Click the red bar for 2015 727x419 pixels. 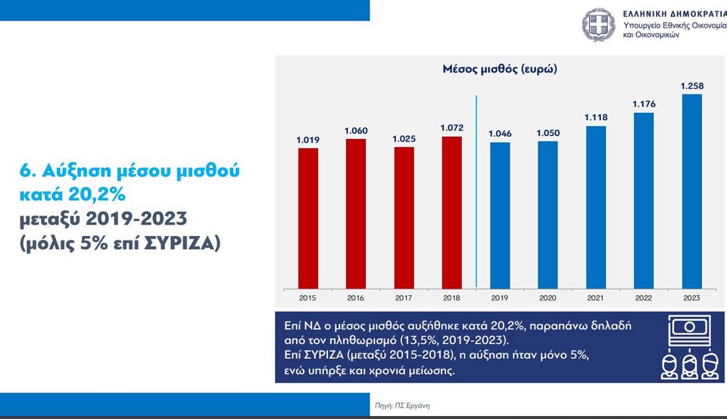point(307,218)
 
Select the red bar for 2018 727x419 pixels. point(451,212)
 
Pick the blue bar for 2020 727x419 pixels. point(548,214)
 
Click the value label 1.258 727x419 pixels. point(691,85)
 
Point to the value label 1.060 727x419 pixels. point(355,131)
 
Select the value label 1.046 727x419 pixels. point(499,134)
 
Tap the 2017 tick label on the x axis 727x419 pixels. point(404,298)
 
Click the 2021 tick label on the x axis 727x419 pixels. point(595,298)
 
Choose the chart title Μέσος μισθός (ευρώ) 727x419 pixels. point(500,69)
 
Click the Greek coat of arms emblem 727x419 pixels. point(598,25)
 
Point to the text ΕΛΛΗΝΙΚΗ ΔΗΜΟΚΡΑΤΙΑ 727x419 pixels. point(671,14)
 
